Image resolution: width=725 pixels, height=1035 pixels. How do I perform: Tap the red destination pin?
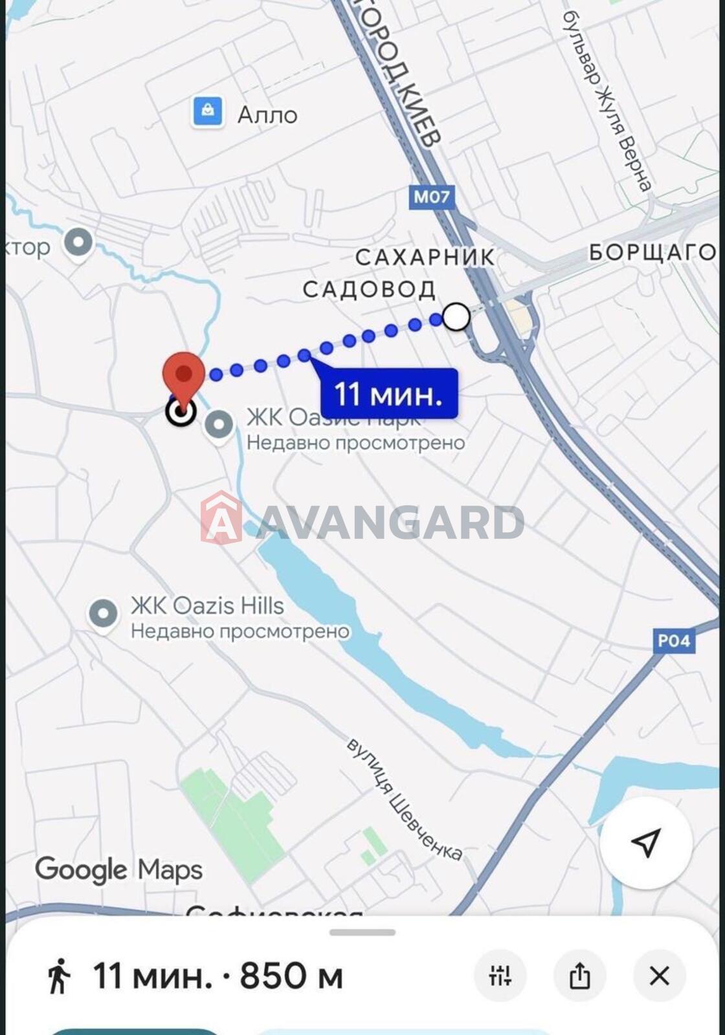click(x=184, y=374)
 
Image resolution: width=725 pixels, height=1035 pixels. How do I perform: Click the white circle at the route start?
click(x=457, y=317)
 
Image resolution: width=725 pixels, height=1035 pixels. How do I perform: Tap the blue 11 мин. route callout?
click(x=389, y=393)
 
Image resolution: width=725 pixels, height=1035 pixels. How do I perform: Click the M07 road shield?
click(x=431, y=197)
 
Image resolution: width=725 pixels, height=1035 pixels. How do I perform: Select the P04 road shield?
click(x=674, y=640)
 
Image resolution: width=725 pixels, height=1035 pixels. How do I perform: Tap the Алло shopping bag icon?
click(x=208, y=112)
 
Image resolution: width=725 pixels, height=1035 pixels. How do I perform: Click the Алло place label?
click(x=267, y=115)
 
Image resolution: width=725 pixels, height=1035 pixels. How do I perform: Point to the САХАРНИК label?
click(x=425, y=257)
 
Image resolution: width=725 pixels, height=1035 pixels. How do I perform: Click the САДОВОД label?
click(x=369, y=289)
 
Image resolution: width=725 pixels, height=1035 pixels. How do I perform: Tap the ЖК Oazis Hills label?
click(x=207, y=606)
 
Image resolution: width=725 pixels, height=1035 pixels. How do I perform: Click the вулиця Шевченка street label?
click(x=405, y=798)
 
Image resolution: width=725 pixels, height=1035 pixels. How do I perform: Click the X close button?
click(x=659, y=975)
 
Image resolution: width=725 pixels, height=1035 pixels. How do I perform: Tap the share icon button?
click(x=579, y=975)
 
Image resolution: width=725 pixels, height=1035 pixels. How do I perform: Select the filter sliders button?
click(x=500, y=975)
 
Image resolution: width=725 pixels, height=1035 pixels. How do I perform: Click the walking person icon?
click(x=59, y=975)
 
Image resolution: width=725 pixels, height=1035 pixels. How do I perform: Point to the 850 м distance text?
click(x=291, y=975)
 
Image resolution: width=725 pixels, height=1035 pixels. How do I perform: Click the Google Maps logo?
click(x=118, y=870)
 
